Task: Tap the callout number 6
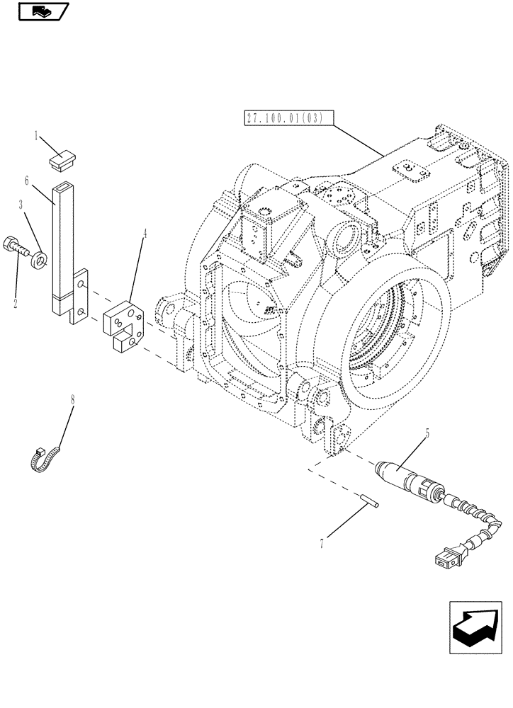[28, 181]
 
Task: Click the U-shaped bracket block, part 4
[123, 324]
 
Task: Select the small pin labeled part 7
[370, 500]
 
